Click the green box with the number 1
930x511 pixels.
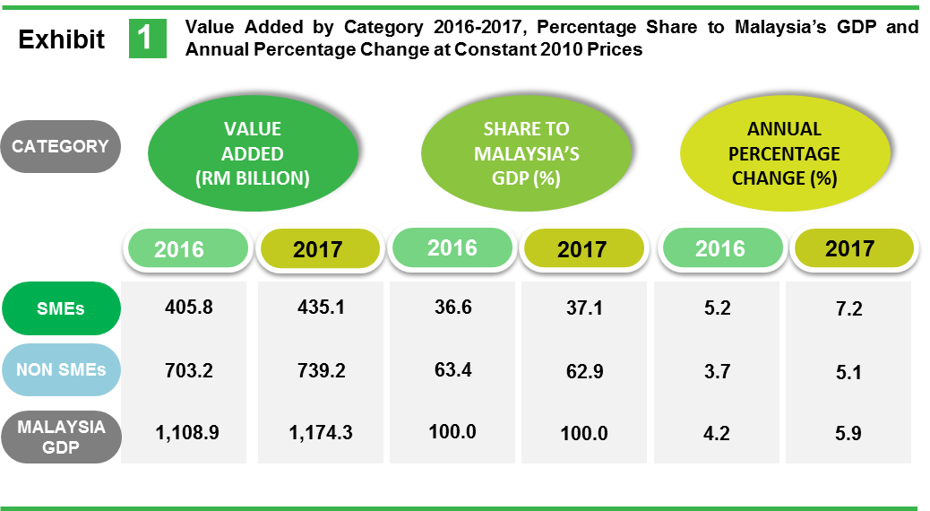click(147, 39)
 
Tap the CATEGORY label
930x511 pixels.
click(61, 146)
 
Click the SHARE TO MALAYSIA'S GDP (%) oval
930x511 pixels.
click(527, 154)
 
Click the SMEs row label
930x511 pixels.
click(61, 308)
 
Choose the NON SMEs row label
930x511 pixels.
click(61, 369)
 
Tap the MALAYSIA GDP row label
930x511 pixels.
click(61, 437)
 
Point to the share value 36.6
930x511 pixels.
click(452, 307)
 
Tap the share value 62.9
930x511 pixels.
click(582, 369)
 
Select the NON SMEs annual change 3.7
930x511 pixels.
click(717, 369)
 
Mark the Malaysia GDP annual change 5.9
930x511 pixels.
click(848, 434)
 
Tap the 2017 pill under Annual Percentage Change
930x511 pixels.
click(849, 247)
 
